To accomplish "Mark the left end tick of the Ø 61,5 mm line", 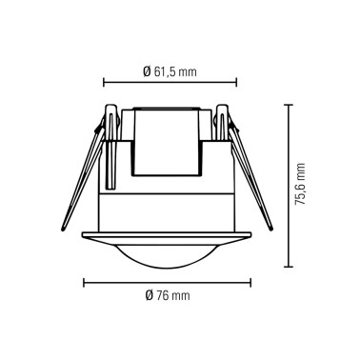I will tap(104, 83).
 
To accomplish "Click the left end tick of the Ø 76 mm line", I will tap(85, 282).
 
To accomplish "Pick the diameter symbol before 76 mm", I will tap(150, 295).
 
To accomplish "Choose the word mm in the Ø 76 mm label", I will tap(181, 295).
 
